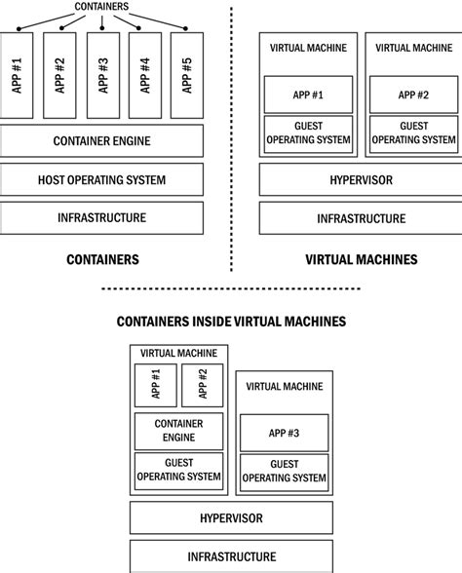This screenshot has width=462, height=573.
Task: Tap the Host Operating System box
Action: pyautogui.click(x=101, y=180)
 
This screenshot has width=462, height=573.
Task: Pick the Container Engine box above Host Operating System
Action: pyautogui.click(x=101, y=142)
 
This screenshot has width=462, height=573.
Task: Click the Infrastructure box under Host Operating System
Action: pyautogui.click(x=101, y=218)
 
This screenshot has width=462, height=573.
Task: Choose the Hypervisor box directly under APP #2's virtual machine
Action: pyautogui.click(x=359, y=180)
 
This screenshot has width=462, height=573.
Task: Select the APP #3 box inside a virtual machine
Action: pyautogui.click(x=284, y=432)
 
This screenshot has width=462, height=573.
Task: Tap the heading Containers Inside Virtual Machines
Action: pyautogui.click(x=230, y=320)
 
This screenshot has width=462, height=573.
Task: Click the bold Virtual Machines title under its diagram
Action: pyautogui.click(x=361, y=259)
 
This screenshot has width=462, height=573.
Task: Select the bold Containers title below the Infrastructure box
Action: pyautogui.click(x=101, y=259)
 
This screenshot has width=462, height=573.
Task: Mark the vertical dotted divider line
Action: pyautogui.click(x=231, y=136)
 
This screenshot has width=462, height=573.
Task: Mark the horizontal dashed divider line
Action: pyautogui.click(x=230, y=288)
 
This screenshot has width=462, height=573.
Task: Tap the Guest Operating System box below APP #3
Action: pyautogui.click(x=284, y=471)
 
